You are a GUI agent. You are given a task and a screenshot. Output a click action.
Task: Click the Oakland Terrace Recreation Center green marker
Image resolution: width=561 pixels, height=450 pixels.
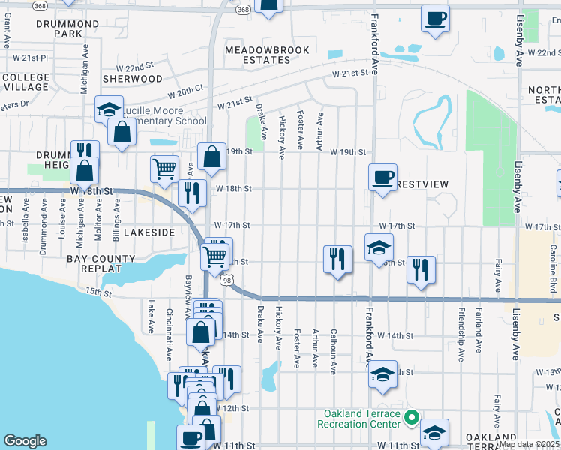410,418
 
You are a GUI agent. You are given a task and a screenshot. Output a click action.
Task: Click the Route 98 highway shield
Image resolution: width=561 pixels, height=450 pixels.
226,280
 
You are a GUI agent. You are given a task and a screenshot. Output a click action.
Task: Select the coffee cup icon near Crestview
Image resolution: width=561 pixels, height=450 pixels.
382,177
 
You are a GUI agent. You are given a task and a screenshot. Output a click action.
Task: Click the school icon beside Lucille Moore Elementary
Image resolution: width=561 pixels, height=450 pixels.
109,110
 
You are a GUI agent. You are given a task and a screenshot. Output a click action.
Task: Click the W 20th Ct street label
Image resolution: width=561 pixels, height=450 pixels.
180,88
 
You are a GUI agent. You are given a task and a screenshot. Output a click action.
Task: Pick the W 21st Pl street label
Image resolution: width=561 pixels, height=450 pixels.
29,57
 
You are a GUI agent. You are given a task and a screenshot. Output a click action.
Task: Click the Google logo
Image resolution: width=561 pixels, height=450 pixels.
25,441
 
